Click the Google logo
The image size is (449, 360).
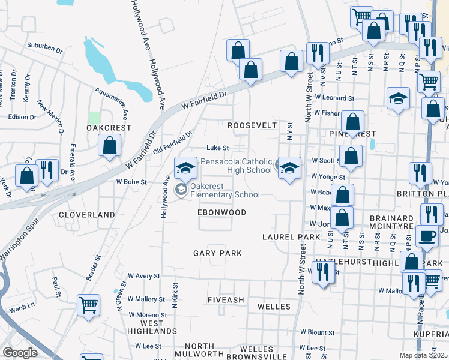click(20, 353)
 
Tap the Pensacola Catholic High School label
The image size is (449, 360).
click(236, 166)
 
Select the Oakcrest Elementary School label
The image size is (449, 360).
click(224, 190)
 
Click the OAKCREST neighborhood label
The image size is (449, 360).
click(109, 128)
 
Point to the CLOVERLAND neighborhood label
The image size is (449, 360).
click(86, 214)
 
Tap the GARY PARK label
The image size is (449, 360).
click(217, 253)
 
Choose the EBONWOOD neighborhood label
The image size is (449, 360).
click(222, 212)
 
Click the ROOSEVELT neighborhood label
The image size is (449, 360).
click(252, 125)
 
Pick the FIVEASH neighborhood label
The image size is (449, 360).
click(225, 299)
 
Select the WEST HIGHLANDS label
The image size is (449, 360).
click(152, 327)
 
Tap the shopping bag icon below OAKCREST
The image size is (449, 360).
click(109, 145)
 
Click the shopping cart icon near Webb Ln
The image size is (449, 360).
click(88, 305)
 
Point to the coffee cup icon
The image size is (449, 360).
click(427, 236)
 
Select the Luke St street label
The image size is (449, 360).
click(218, 148)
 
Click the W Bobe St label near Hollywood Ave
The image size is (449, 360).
click(131, 181)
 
